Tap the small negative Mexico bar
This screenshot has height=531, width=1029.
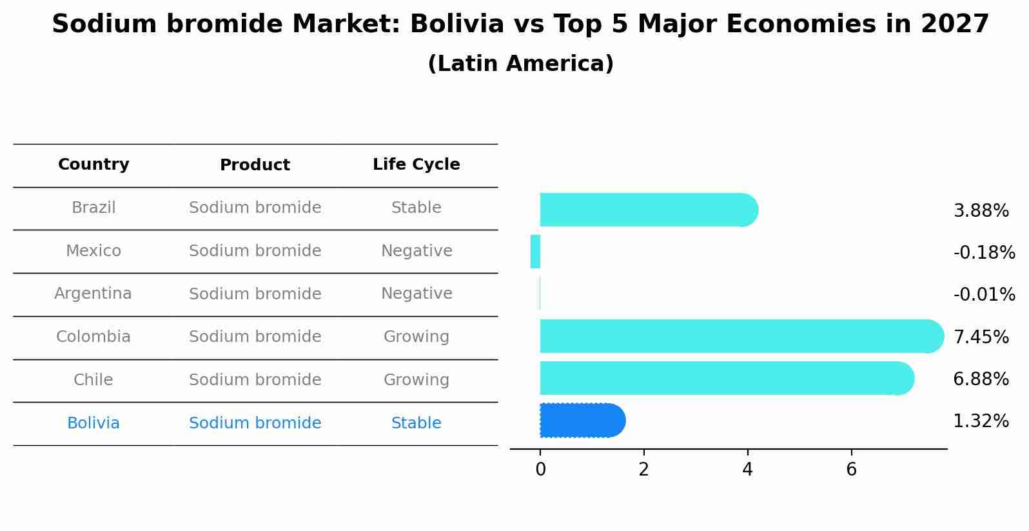click(x=535, y=252)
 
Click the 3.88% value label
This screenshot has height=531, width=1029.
click(x=981, y=211)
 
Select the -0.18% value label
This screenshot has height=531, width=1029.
click(x=984, y=253)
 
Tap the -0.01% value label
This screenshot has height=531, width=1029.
click(x=984, y=295)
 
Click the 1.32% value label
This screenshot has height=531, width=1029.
click(x=981, y=421)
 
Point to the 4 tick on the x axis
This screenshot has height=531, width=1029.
click(x=747, y=470)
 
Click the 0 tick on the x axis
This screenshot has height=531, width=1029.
click(x=540, y=470)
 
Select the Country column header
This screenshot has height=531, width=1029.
click(x=93, y=165)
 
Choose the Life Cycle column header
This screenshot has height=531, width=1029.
click(x=416, y=165)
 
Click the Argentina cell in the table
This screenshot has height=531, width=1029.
click(x=93, y=294)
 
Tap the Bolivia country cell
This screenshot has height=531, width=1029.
click(x=93, y=423)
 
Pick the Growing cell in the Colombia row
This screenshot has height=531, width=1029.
click(x=416, y=337)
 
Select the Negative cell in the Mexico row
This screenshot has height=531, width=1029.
click(x=416, y=251)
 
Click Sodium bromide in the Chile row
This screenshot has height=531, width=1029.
click(x=255, y=380)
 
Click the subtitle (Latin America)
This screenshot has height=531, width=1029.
click(x=520, y=64)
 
